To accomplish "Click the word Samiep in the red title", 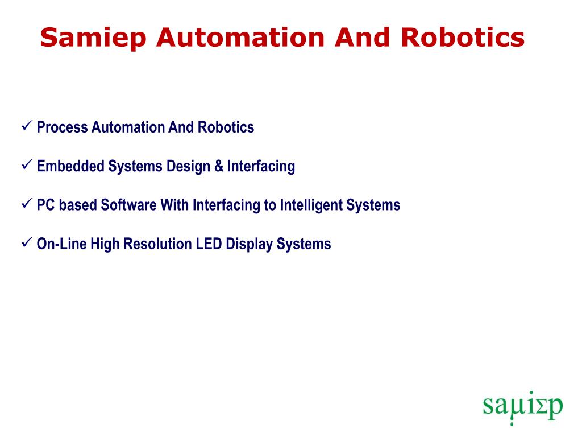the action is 93,38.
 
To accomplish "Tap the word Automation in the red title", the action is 240,38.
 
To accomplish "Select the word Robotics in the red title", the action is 463,38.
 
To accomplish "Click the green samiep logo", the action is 523,407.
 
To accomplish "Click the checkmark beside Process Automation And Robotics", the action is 27,126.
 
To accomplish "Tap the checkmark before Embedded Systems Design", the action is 27,164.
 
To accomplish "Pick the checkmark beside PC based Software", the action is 27,203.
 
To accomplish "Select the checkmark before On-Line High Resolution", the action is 27,242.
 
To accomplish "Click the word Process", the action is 63,127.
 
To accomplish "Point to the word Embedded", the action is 70,166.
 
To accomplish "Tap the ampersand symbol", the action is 219,166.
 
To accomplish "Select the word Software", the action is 128,205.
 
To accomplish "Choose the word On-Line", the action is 61,244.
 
